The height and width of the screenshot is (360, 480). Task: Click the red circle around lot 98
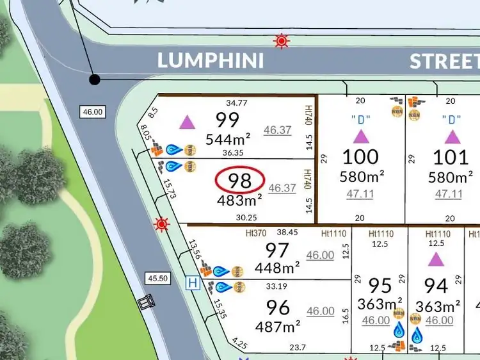click(x=239, y=181)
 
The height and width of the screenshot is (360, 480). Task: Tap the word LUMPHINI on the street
click(x=211, y=61)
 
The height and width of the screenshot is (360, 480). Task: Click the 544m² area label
click(x=227, y=138)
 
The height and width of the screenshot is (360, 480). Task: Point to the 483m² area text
click(x=239, y=200)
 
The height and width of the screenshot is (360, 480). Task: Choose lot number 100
click(x=360, y=156)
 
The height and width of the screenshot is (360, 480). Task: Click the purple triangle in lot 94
click(x=436, y=259)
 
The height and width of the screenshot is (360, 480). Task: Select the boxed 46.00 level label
click(x=92, y=111)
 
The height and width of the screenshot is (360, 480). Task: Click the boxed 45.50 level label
click(x=157, y=279)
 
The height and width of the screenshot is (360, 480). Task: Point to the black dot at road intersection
click(x=95, y=79)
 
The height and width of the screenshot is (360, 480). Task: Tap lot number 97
click(x=277, y=250)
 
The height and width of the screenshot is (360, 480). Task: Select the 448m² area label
click(x=278, y=268)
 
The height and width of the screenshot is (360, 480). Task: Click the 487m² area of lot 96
click(x=278, y=327)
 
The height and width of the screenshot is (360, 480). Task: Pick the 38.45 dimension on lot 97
click(x=287, y=234)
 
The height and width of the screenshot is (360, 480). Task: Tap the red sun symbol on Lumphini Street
click(x=280, y=42)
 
